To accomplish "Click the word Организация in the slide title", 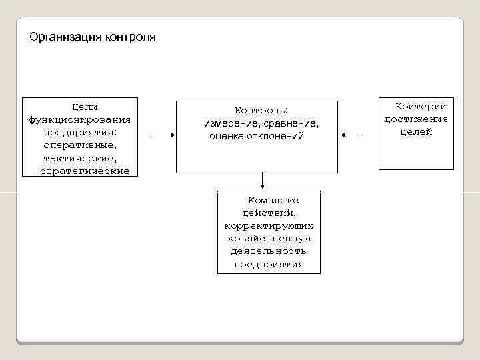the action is [65, 37].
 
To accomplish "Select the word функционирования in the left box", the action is [79, 119].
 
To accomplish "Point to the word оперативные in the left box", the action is [79, 145].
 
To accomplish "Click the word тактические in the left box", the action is [79, 158].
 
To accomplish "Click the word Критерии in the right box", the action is [421, 107].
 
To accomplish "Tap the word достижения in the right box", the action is [416, 119].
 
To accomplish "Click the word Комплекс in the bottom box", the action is [273, 200].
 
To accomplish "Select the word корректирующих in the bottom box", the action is [269, 226].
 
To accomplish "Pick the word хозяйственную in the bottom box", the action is [269, 239].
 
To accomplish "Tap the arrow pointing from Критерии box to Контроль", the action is [351, 136].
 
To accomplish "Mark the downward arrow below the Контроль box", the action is [263, 181].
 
